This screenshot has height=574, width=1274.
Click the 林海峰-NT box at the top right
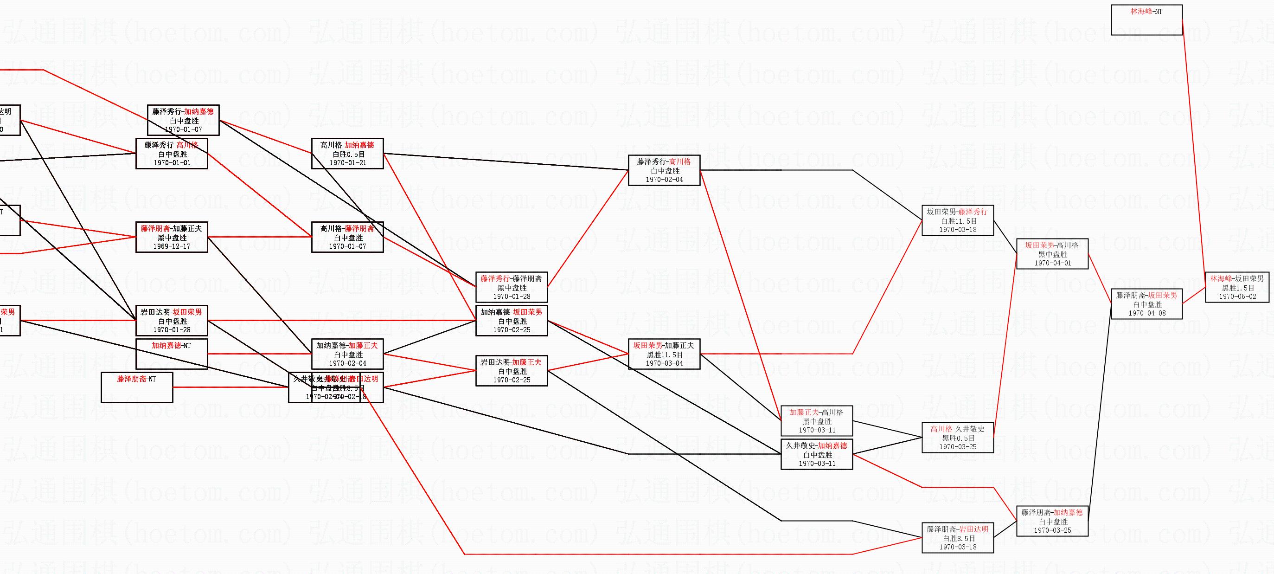(1146, 20)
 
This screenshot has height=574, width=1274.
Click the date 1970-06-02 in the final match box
(1237, 297)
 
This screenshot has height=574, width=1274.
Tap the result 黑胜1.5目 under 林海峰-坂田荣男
(1237, 288)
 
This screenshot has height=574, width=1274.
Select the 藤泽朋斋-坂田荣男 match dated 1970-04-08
(1146, 304)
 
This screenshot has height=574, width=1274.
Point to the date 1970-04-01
(1052, 263)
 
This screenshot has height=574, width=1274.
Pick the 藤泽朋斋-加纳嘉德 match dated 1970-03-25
(1052, 521)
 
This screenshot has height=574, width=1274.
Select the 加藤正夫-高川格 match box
(817, 421)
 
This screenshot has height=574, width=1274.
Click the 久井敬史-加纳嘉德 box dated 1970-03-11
(817, 454)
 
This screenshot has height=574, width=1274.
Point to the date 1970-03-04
(664, 363)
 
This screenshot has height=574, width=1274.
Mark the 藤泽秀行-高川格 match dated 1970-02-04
(664, 171)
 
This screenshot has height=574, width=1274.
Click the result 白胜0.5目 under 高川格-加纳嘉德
(348, 154)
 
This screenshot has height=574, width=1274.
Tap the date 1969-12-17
(172, 246)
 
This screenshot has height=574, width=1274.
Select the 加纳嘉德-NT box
(172, 354)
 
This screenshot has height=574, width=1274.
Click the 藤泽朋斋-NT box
(137, 387)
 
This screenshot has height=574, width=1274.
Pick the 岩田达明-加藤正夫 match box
(512, 371)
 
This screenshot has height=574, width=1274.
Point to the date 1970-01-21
(348, 163)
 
